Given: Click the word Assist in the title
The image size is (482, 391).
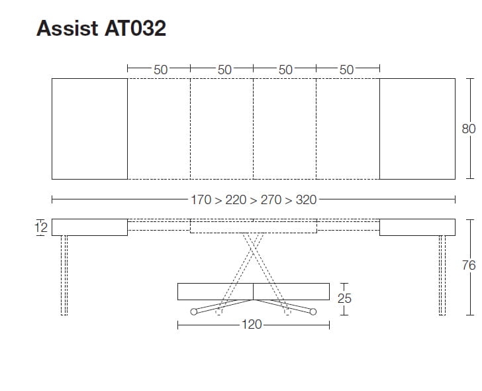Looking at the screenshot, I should [67, 28].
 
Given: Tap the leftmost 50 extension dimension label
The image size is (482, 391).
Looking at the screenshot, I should [160, 69].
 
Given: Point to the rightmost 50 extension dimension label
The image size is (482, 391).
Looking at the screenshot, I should [346, 69].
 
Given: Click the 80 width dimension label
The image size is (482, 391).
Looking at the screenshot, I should [469, 129].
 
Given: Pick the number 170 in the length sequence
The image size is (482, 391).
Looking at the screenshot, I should [201, 199].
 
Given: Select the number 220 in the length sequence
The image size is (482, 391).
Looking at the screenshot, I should [236, 199].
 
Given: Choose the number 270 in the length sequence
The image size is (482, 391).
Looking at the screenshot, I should [271, 199].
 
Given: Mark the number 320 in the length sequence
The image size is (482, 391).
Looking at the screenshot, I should [306, 199].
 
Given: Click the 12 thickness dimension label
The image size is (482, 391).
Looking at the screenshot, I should [40, 227].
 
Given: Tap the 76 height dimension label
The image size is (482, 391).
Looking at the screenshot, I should [469, 266].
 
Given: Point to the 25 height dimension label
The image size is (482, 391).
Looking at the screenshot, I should [345, 298].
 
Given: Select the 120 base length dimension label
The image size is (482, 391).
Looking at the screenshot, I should [253, 325].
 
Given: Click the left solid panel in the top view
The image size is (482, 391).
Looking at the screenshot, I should [89, 129].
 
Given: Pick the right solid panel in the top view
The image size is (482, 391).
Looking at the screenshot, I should [417, 129].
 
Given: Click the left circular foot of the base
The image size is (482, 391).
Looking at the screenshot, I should [193, 311].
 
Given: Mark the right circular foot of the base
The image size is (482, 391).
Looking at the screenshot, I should [313, 311].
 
